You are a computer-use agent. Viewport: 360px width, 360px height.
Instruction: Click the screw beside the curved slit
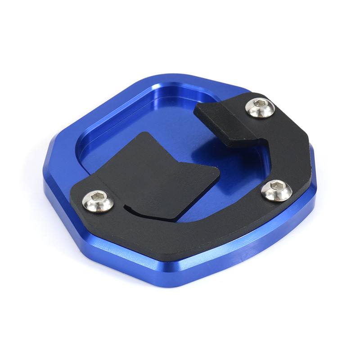(x=98, y=201)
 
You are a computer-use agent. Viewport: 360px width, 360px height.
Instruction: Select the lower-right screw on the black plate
(x=276, y=190)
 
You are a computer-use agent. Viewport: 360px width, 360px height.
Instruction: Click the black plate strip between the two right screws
(x=281, y=148)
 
